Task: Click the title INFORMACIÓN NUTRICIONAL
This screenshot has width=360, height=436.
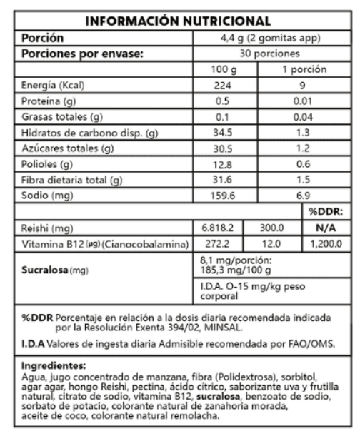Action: tap(181, 21)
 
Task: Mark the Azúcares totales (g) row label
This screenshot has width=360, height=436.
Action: tap(68, 149)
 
